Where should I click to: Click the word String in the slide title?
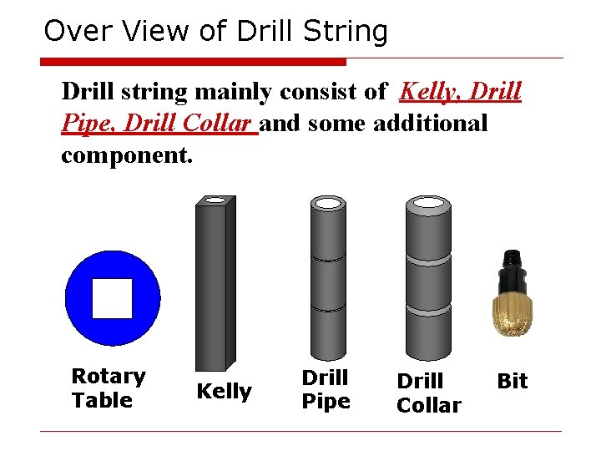pos(346,32)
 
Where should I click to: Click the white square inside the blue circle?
pos(112,298)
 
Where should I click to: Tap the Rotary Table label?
pos(108,388)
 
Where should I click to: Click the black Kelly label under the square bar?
pos(224,391)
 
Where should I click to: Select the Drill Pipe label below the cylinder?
pos(326,389)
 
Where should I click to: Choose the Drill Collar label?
pos(428,393)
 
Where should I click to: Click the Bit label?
pos(512,381)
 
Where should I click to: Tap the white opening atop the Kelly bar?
pos(215,200)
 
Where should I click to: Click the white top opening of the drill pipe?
pos(328,203)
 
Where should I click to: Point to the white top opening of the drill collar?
pos(427,203)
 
